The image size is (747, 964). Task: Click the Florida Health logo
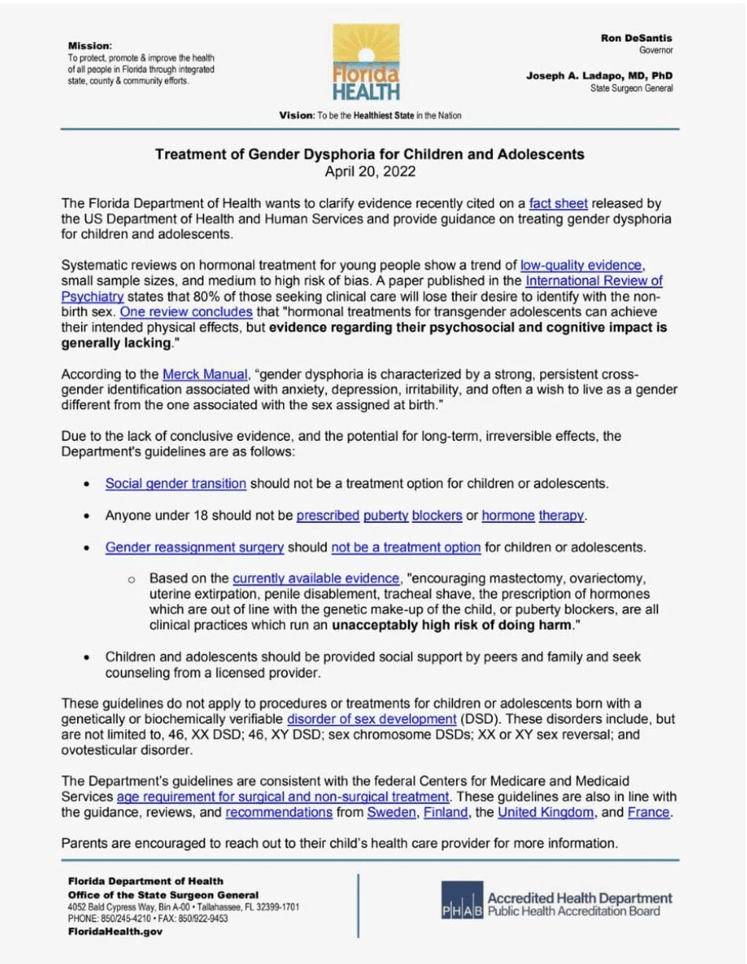(x=366, y=63)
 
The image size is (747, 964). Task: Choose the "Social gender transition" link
(x=175, y=484)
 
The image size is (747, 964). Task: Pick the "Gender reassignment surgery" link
(x=193, y=546)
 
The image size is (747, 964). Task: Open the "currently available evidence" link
(x=318, y=578)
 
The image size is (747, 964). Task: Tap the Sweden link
(x=392, y=812)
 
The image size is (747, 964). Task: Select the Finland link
(x=445, y=812)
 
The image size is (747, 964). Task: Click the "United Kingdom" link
(x=546, y=812)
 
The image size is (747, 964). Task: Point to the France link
(x=649, y=812)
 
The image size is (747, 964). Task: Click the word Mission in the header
(x=90, y=46)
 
